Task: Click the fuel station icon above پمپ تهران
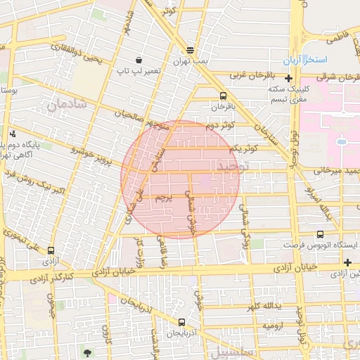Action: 190,50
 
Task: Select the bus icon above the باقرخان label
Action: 223,96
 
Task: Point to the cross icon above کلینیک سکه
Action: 288,78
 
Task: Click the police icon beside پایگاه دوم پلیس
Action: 13,134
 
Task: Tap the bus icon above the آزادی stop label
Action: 51,250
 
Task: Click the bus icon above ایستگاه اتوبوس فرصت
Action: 321,234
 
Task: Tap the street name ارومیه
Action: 274,326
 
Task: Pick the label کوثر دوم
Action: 220,126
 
